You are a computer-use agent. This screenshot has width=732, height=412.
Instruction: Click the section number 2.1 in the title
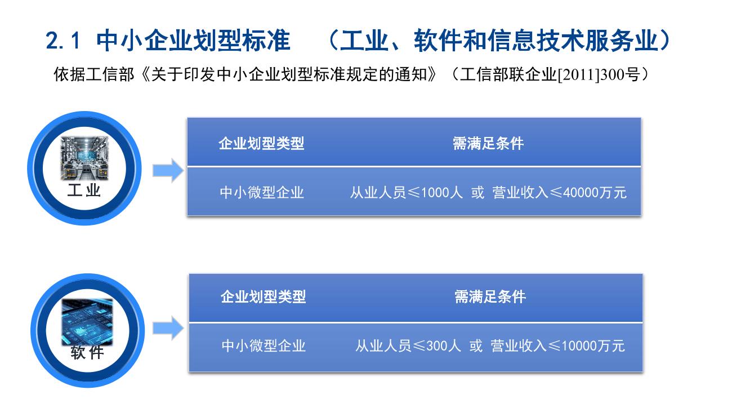pyautogui.click(x=63, y=41)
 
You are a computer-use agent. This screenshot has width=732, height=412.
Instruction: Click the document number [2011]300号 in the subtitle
pyautogui.click(x=599, y=74)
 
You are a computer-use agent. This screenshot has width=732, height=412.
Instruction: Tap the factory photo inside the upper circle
pyautogui.click(x=84, y=158)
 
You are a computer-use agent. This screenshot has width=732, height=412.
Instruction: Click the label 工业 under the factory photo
pyautogui.click(x=84, y=190)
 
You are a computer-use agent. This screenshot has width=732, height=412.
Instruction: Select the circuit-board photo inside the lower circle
pyautogui.click(x=87, y=322)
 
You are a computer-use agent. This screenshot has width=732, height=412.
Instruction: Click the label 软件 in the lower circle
pyautogui.click(x=87, y=352)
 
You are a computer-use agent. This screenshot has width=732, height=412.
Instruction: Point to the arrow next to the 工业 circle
pyautogui.click(x=168, y=170)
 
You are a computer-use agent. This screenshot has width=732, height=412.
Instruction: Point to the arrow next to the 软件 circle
pyautogui.click(x=168, y=328)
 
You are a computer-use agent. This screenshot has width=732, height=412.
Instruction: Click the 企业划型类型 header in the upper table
pyautogui.click(x=261, y=144)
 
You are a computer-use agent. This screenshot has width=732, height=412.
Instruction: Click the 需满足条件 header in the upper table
pyautogui.click(x=488, y=144)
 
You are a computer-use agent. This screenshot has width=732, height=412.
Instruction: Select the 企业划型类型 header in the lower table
pyautogui.click(x=263, y=297)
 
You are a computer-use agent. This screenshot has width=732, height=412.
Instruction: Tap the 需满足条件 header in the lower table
pyautogui.click(x=490, y=297)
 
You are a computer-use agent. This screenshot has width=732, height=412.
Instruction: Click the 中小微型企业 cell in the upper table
pyautogui.click(x=262, y=192)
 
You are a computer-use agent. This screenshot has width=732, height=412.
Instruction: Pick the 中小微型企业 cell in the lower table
pyautogui.click(x=264, y=345)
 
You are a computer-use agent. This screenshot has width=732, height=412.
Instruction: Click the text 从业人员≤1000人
pyautogui.click(x=406, y=192)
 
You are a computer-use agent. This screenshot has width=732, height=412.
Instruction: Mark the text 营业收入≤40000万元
pyautogui.click(x=559, y=192)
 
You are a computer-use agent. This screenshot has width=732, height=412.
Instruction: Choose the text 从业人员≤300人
pyautogui.click(x=408, y=345)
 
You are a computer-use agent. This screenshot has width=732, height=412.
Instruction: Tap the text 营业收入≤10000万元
pyautogui.click(x=557, y=345)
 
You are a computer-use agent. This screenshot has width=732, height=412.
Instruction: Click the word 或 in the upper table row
pyautogui.click(x=477, y=192)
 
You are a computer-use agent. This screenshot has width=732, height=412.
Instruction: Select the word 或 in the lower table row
pyautogui.click(x=476, y=345)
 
